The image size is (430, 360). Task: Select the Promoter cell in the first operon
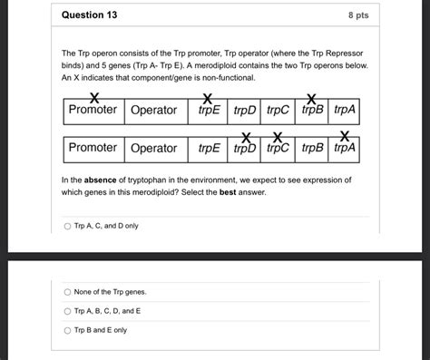[x=93, y=110]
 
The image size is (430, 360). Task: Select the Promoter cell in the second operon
[x=93, y=148]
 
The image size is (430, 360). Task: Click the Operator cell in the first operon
[x=153, y=110]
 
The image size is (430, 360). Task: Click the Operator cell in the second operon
[x=153, y=148]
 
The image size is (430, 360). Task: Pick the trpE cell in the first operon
[x=209, y=110]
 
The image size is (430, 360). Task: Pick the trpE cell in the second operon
[x=209, y=148]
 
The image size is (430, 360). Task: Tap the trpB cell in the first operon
[x=311, y=110]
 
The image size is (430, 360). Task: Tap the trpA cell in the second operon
[x=345, y=148]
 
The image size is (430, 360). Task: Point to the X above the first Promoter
[x=93, y=97]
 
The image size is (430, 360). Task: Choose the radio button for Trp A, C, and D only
[x=67, y=226]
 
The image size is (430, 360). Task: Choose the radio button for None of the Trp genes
[x=67, y=291]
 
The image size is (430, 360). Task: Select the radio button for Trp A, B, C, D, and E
[x=67, y=311]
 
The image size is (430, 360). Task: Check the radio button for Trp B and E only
[x=67, y=330]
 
